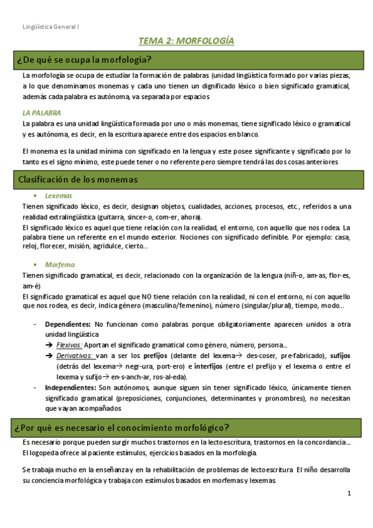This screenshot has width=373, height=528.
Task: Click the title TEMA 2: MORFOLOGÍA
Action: [186, 42]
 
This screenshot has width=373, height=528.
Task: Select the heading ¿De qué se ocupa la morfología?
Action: [85, 60]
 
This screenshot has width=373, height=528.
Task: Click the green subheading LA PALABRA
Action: [41, 113]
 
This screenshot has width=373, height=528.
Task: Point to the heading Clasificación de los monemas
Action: [78, 179]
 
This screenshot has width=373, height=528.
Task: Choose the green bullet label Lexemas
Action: [58, 196]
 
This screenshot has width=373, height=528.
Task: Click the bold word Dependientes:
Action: [67, 324]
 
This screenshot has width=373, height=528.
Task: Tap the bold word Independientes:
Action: [70, 387]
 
